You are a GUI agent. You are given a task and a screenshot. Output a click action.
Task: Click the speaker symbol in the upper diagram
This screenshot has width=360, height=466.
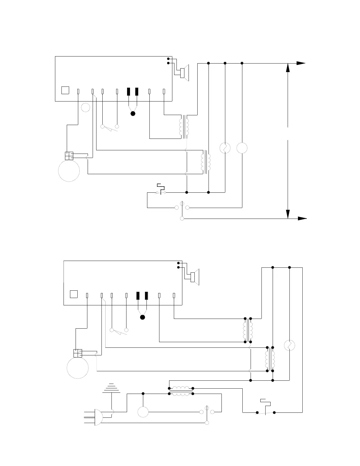[184, 73]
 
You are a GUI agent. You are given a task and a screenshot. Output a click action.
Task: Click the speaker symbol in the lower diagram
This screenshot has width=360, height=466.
[195, 277]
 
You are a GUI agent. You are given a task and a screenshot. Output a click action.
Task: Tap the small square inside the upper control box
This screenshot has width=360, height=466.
[65, 90]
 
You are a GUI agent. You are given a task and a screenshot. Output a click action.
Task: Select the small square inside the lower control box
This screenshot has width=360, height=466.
[74, 294]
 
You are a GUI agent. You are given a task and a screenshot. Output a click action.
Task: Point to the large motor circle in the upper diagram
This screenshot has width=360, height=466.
[69, 171]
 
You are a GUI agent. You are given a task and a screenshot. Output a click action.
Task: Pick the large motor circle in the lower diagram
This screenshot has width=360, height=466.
[78, 368]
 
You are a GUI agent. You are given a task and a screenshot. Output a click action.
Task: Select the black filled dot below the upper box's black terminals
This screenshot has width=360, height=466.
[133, 114]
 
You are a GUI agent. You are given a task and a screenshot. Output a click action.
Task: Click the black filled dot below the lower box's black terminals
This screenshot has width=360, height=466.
[143, 317]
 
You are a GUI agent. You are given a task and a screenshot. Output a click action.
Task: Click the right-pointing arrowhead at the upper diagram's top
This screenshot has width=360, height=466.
[301, 63]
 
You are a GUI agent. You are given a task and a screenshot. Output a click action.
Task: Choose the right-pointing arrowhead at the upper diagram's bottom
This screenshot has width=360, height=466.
[302, 219]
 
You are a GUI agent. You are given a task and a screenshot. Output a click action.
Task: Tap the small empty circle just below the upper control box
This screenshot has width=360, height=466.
[85, 108]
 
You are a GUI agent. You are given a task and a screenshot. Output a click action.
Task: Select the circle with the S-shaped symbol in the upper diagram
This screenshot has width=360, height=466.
[225, 148]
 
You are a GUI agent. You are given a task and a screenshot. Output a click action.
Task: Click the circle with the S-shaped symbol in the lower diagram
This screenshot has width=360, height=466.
[289, 345]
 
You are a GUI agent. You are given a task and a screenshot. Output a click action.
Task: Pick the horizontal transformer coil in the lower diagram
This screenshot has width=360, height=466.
[181, 391]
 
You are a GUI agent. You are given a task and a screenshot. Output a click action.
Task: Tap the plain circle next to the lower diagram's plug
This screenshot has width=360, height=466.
[143, 412]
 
